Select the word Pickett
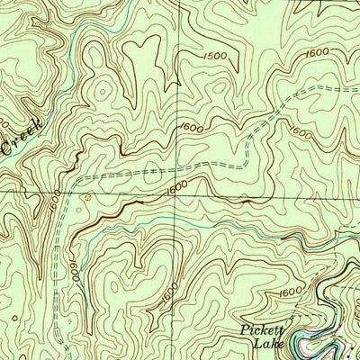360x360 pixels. coord(262,330)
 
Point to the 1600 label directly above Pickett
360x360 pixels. coord(290,292)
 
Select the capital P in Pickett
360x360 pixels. coord(245,330)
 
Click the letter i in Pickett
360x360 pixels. coord(251,330)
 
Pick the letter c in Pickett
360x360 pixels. coord(256,330)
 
